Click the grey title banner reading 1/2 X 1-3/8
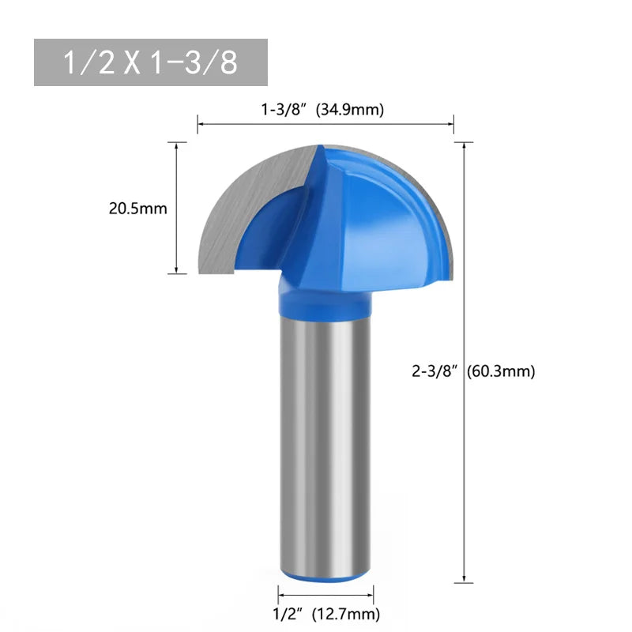150,62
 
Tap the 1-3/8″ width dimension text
285,111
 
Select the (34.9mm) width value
350,111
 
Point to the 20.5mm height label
137,209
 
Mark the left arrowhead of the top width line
200,124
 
